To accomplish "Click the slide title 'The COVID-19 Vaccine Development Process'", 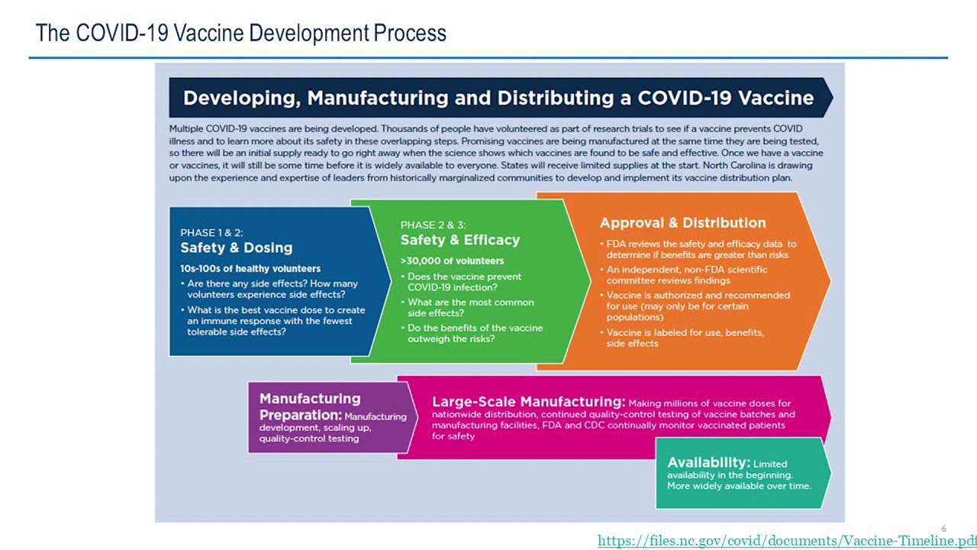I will [240, 34].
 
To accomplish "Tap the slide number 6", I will [943, 529].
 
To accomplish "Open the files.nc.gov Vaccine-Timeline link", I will [786, 541].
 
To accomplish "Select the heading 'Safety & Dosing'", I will [236, 248].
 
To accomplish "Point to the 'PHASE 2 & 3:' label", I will [432, 225].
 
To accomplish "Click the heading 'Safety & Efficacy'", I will [459, 240].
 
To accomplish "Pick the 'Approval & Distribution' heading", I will [682, 223].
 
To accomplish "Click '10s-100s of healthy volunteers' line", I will [250, 269].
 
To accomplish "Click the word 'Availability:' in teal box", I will [708, 463].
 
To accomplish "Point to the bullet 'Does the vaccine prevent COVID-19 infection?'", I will [464, 282].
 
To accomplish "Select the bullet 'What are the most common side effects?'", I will [470, 308].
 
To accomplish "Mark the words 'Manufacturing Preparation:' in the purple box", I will [309, 406].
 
